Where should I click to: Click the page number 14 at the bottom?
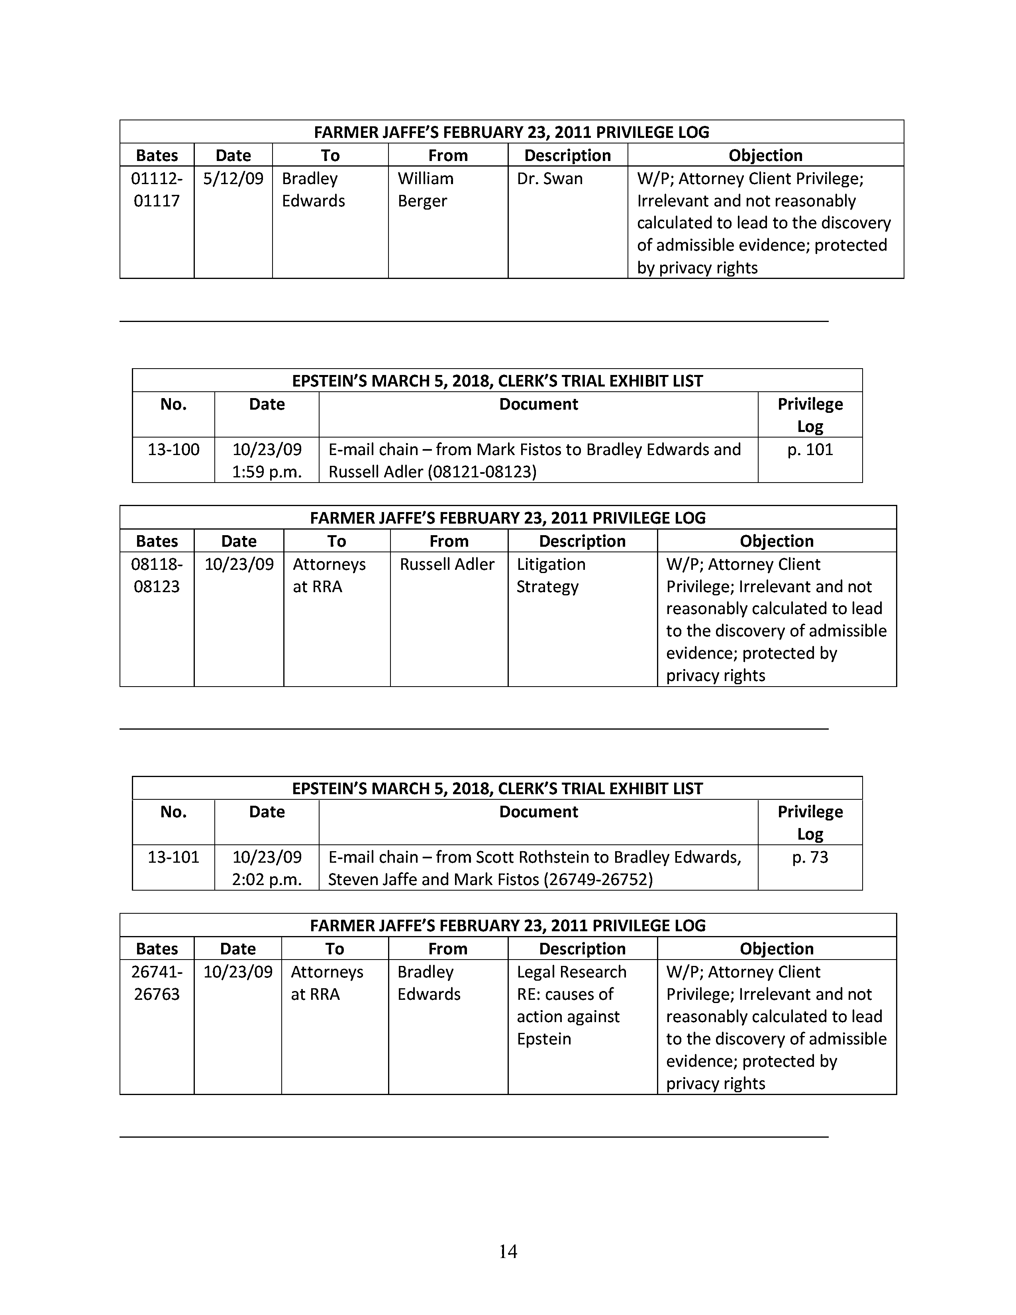coord(508,1251)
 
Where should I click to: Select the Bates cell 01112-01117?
coord(157,190)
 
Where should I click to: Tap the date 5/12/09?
coord(233,179)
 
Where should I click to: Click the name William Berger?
coord(425,190)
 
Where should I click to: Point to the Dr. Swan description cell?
coord(549,179)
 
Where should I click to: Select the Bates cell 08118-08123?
coord(157,576)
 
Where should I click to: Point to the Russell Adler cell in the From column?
coord(447,565)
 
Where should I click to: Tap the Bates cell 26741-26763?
coord(157,983)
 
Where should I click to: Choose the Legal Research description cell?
coord(571,1005)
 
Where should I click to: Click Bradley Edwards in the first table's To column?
coord(313,190)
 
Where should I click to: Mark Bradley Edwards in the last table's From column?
coord(429,983)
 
